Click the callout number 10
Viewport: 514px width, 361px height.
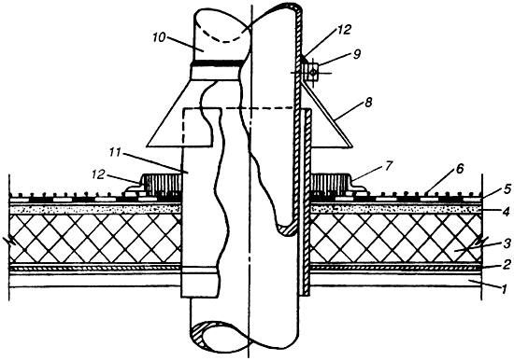(159, 37)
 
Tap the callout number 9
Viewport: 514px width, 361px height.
(357, 54)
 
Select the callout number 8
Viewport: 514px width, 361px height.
(368, 104)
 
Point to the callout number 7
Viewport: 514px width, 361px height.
(388, 166)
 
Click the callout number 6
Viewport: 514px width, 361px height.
(459, 169)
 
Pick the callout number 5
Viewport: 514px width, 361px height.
(506, 188)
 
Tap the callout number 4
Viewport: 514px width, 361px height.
(507, 212)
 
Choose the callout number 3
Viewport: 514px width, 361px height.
(507, 243)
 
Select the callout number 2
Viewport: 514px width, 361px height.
(507, 263)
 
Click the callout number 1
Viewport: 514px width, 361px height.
(505, 288)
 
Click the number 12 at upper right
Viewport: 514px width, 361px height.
(344, 30)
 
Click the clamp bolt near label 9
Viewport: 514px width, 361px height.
(313, 73)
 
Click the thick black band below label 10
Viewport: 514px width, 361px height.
(217, 62)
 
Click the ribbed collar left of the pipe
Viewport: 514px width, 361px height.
(162, 183)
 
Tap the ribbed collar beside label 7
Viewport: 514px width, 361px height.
(331, 183)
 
